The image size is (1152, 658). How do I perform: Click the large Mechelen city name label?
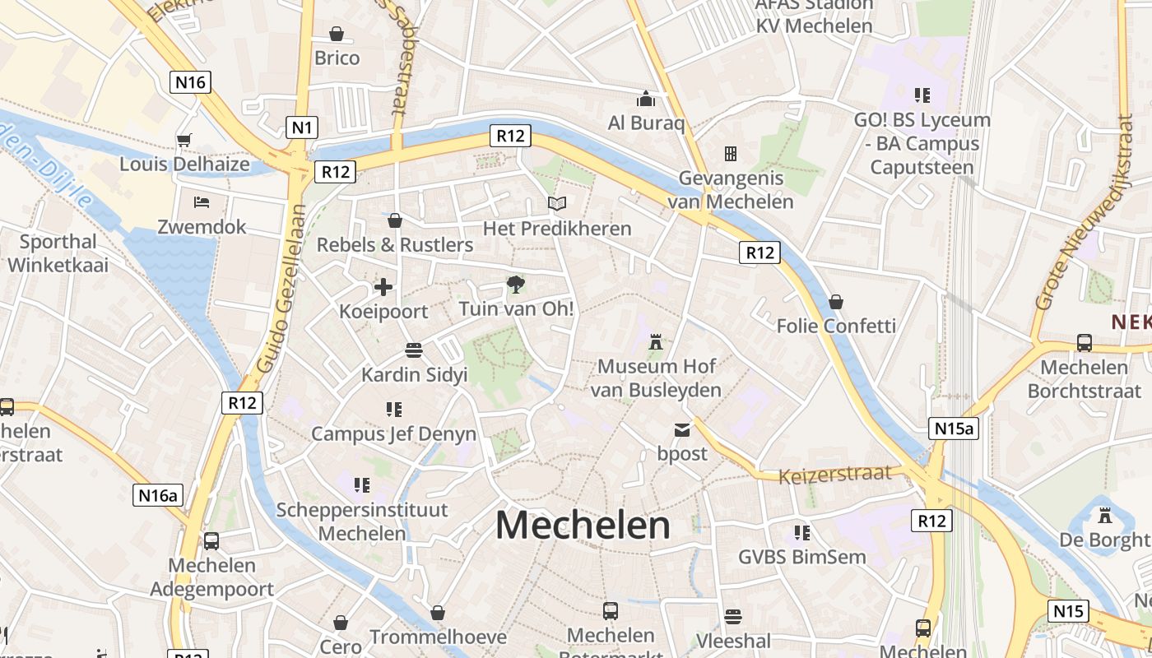pyautogui.click(x=583, y=526)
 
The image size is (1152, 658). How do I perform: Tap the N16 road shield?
pyautogui.click(x=190, y=81)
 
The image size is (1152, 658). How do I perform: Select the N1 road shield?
pyautogui.click(x=302, y=127)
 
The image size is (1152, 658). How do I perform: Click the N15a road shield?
pyautogui.click(x=954, y=428)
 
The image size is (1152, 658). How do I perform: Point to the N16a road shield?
pyautogui.click(x=158, y=494)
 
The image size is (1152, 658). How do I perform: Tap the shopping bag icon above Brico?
pyautogui.click(x=337, y=34)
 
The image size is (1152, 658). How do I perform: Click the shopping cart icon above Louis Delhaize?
pyautogui.click(x=183, y=140)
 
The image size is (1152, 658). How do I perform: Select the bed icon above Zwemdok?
pyautogui.click(x=202, y=202)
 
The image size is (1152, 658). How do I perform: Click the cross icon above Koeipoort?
pyautogui.click(x=383, y=287)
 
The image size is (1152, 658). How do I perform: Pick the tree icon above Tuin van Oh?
pyautogui.click(x=515, y=285)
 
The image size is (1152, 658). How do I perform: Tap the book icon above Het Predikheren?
pyautogui.click(x=557, y=203)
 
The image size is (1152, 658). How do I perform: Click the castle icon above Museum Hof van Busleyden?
pyautogui.click(x=656, y=341)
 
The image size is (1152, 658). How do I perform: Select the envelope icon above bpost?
pyautogui.click(x=682, y=429)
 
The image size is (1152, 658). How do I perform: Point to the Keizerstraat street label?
pyautogui.click(x=834, y=475)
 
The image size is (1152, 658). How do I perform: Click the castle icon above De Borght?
pyautogui.click(x=1104, y=516)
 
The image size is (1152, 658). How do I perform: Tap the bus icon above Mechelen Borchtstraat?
pyautogui.click(x=1085, y=343)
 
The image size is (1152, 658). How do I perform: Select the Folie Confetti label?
pyautogui.click(x=836, y=326)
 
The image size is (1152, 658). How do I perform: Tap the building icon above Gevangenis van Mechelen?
pyautogui.click(x=730, y=153)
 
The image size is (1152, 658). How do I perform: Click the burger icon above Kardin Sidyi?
pyautogui.click(x=414, y=350)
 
